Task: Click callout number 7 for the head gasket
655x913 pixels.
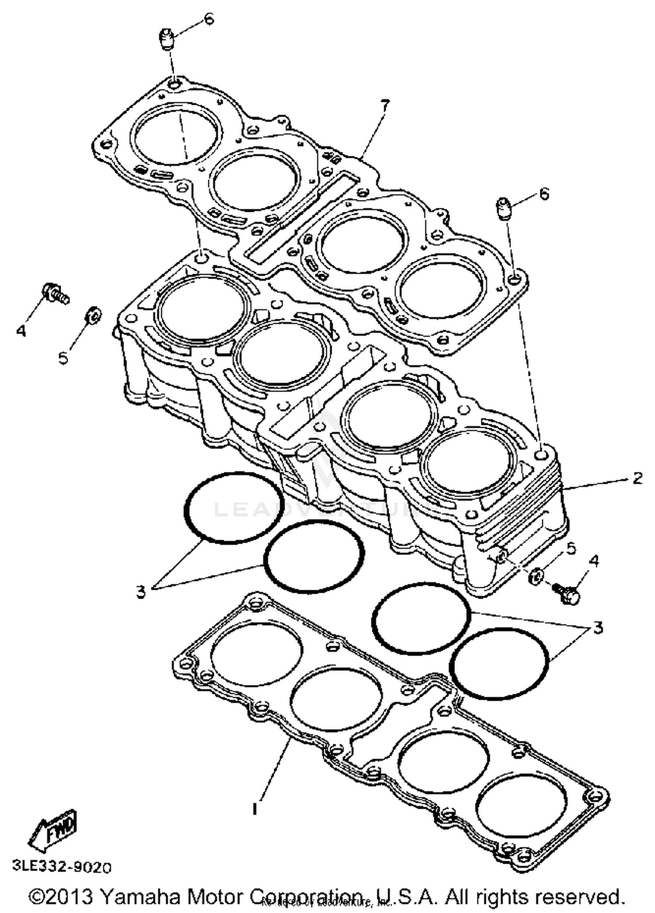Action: pyautogui.click(x=384, y=106)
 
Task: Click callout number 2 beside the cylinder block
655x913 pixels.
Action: pyautogui.click(x=638, y=478)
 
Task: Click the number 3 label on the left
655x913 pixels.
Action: pyautogui.click(x=141, y=592)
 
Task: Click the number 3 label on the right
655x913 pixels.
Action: pyautogui.click(x=598, y=627)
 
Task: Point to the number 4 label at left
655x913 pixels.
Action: pyautogui.click(x=21, y=331)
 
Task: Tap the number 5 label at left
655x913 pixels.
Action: pyautogui.click(x=63, y=358)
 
